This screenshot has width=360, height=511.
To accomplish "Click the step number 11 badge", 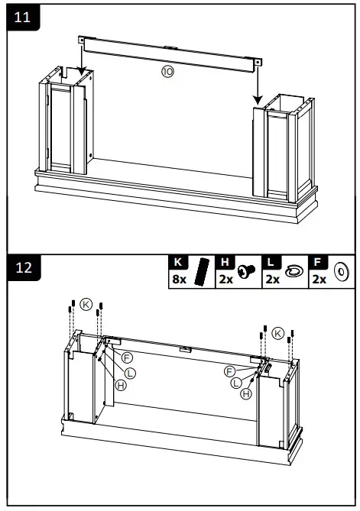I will pyautogui.click(x=23, y=18).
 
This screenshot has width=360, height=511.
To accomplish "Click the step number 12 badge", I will pyautogui.click(x=23, y=267).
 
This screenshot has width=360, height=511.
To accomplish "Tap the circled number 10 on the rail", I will pyautogui.click(x=167, y=72).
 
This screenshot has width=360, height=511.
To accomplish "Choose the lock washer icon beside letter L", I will pyautogui.click(x=294, y=271).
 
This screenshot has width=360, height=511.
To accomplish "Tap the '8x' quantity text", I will pyautogui.click(x=179, y=280).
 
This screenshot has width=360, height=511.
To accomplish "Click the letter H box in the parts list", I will pyautogui.click(x=224, y=262).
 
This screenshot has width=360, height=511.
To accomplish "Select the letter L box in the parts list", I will pyautogui.click(x=271, y=262).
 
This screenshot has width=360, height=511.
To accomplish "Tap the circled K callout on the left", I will pyautogui.click(x=86, y=304).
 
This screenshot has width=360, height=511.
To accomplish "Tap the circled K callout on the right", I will pyautogui.click(x=277, y=332).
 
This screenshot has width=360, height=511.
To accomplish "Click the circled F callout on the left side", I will pyautogui.click(x=128, y=357).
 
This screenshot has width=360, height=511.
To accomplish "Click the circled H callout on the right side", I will pyautogui.click(x=245, y=393).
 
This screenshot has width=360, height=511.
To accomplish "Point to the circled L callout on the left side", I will pyautogui.click(x=131, y=372).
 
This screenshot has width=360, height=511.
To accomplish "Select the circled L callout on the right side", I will pyautogui.click(x=236, y=382).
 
